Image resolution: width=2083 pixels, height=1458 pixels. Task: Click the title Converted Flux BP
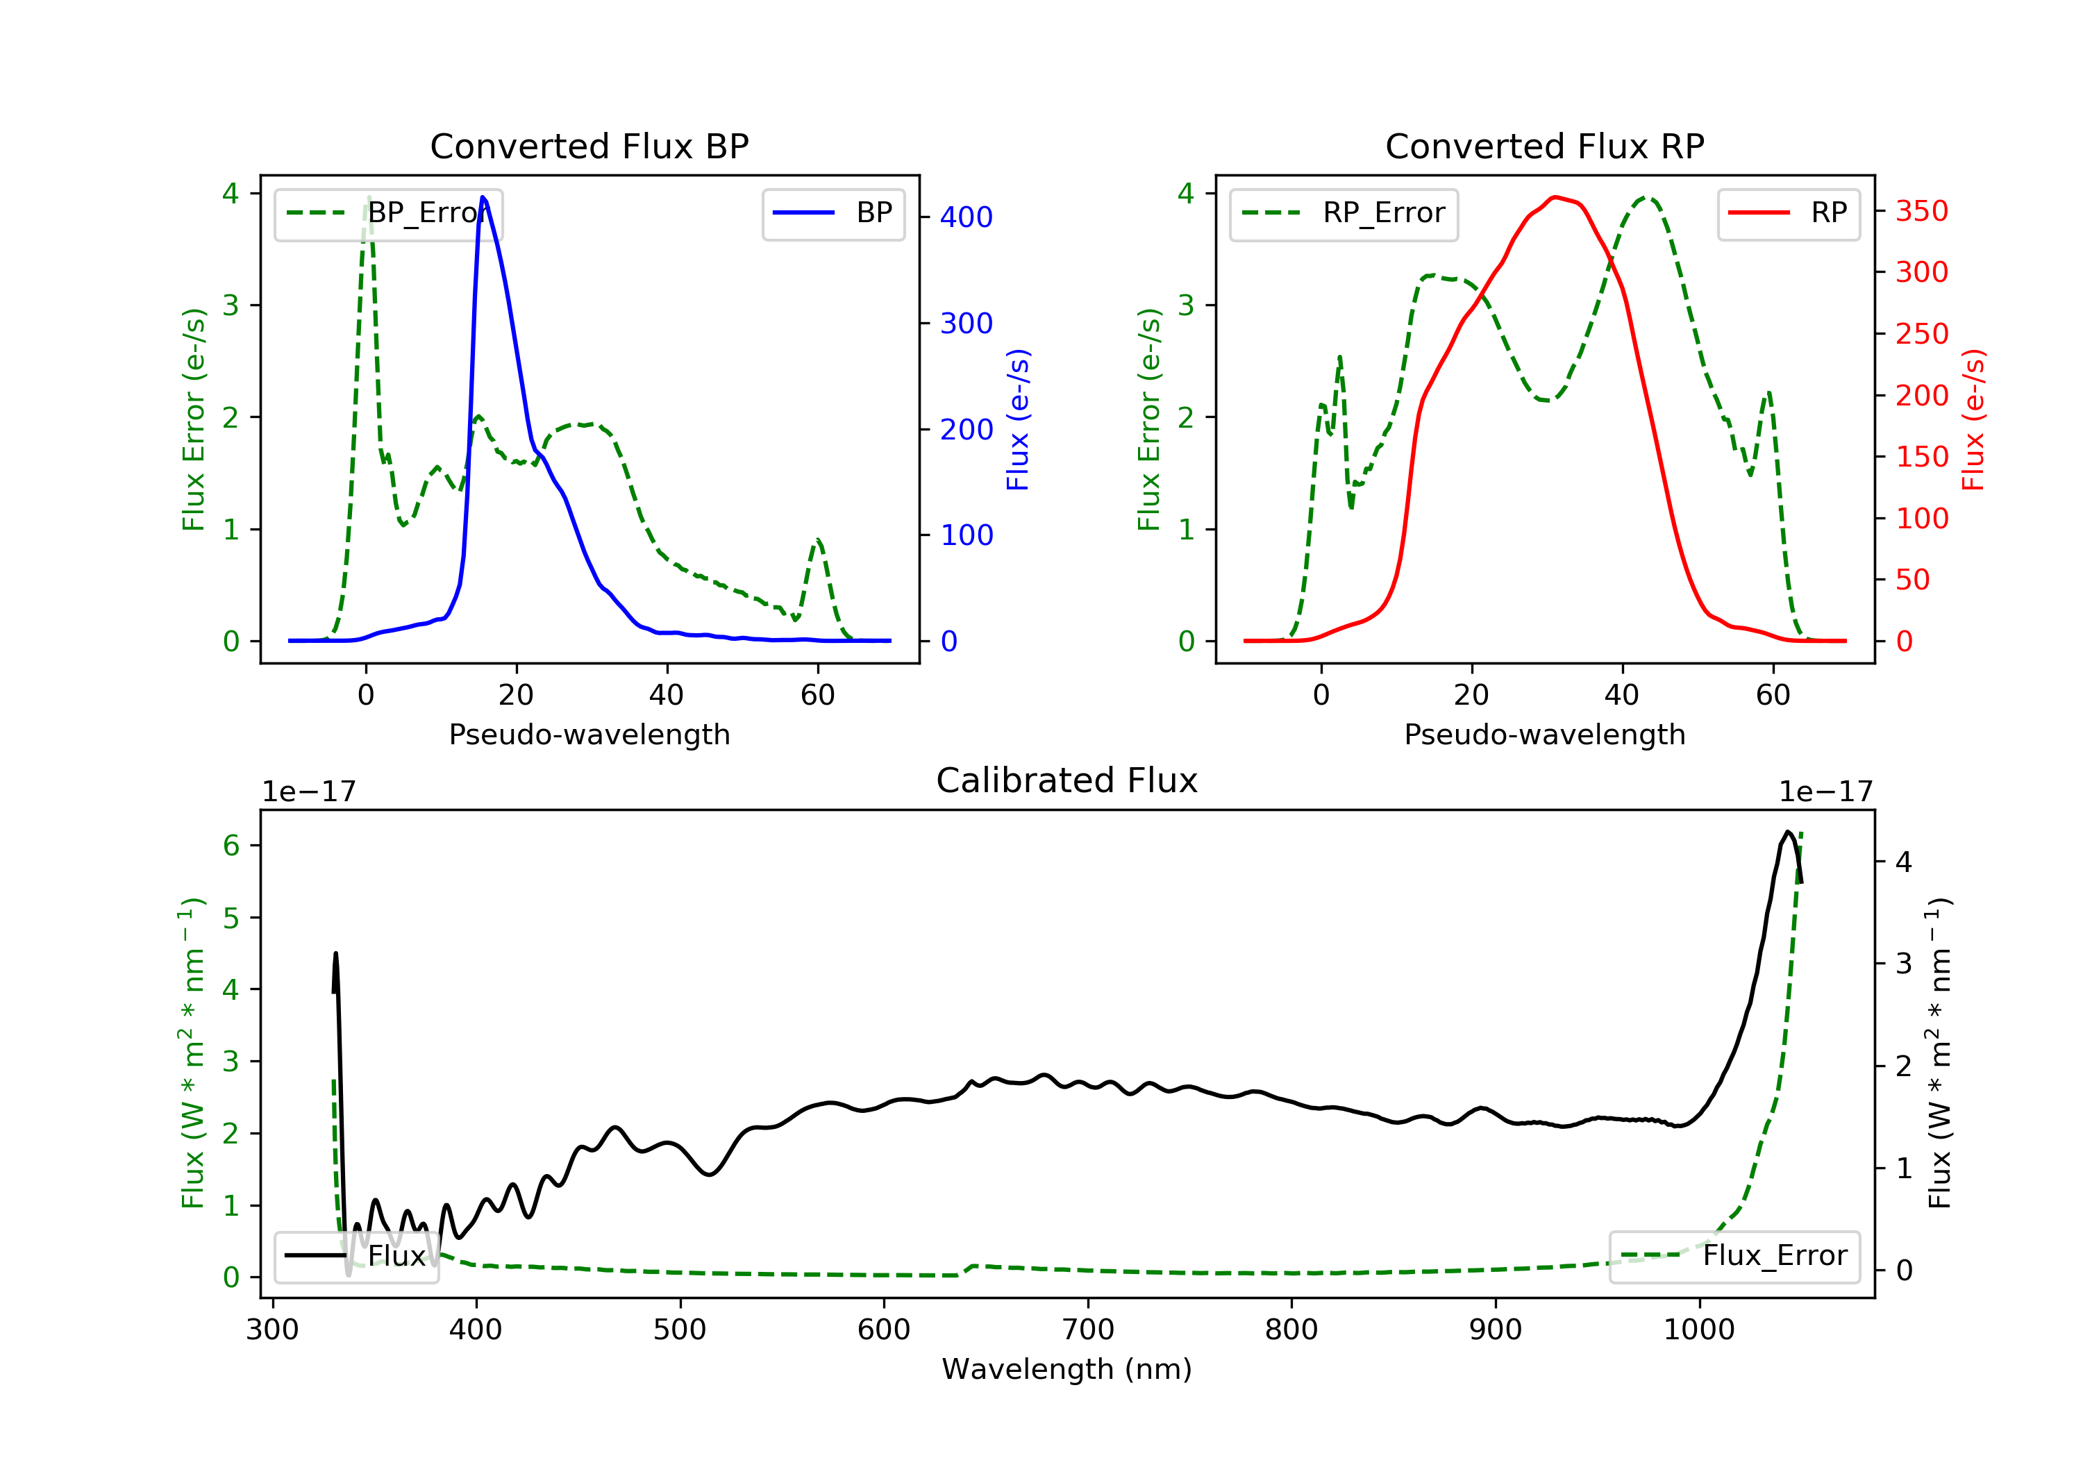tap(589, 146)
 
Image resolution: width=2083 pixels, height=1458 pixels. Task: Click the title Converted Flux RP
tap(1545, 146)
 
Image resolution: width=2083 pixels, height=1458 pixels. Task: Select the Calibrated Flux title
tap(1067, 780)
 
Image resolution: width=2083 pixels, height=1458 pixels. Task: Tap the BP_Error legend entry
tap(388, 213)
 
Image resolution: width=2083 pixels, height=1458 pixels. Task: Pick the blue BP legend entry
tap(834, 213)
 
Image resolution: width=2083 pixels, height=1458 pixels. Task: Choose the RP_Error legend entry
tap(1344, 213)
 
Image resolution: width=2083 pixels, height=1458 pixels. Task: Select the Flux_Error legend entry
tap(1734, 1256)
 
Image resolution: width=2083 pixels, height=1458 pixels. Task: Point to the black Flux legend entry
tap(357, 1256)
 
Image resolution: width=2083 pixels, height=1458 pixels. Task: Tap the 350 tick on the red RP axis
tap(1921, 211)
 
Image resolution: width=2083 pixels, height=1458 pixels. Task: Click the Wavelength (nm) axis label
tap(1067, 1369)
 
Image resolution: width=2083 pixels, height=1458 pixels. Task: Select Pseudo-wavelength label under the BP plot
tap(589, 734)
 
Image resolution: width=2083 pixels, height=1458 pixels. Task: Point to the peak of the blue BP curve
tap(483, 198)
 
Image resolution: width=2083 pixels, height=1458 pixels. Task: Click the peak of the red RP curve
tap(1555, 197)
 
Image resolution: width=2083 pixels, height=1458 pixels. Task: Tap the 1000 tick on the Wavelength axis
tap(1699, 1329)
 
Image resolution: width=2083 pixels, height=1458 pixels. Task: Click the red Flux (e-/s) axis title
tap(1974, 420)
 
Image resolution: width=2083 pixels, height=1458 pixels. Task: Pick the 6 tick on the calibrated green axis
tap(231, 846)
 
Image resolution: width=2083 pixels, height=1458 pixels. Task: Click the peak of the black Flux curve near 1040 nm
tap(1787, 832)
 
